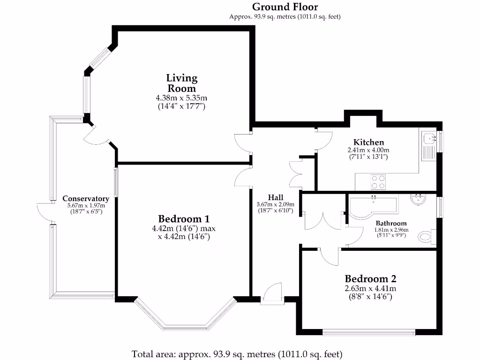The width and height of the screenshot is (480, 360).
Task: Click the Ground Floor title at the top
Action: coord(285,7)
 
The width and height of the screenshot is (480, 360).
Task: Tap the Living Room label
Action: coord(182,83)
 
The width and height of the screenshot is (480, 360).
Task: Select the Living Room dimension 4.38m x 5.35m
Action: coord(181,98)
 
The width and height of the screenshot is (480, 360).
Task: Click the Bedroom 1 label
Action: coord(183,219)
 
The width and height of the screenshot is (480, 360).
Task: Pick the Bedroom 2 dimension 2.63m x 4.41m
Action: coord(370,289)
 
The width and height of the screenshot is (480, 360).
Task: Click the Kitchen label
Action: coord(368,142)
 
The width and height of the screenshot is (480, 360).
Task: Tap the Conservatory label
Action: coord(86,199)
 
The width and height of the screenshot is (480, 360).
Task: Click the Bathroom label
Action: coord(391,224)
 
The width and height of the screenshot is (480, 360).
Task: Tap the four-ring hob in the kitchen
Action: coord(378,182)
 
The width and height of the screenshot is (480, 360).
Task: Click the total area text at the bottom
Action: coord(237,353)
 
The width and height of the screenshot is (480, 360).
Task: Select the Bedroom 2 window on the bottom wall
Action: coord(369,333)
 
